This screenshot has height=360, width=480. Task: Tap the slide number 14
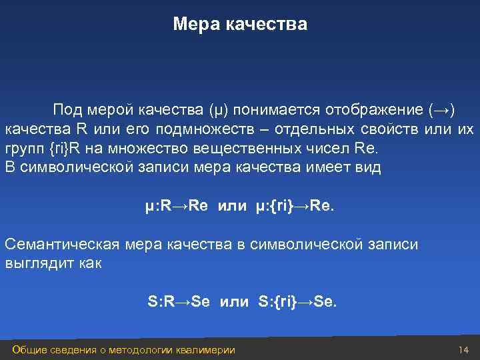[464, 350]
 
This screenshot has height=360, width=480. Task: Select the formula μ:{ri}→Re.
[297, 206]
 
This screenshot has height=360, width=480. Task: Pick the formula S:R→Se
[179, 302]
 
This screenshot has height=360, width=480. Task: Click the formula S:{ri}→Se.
[298, 302]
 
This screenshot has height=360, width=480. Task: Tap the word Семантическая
[63, 244]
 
